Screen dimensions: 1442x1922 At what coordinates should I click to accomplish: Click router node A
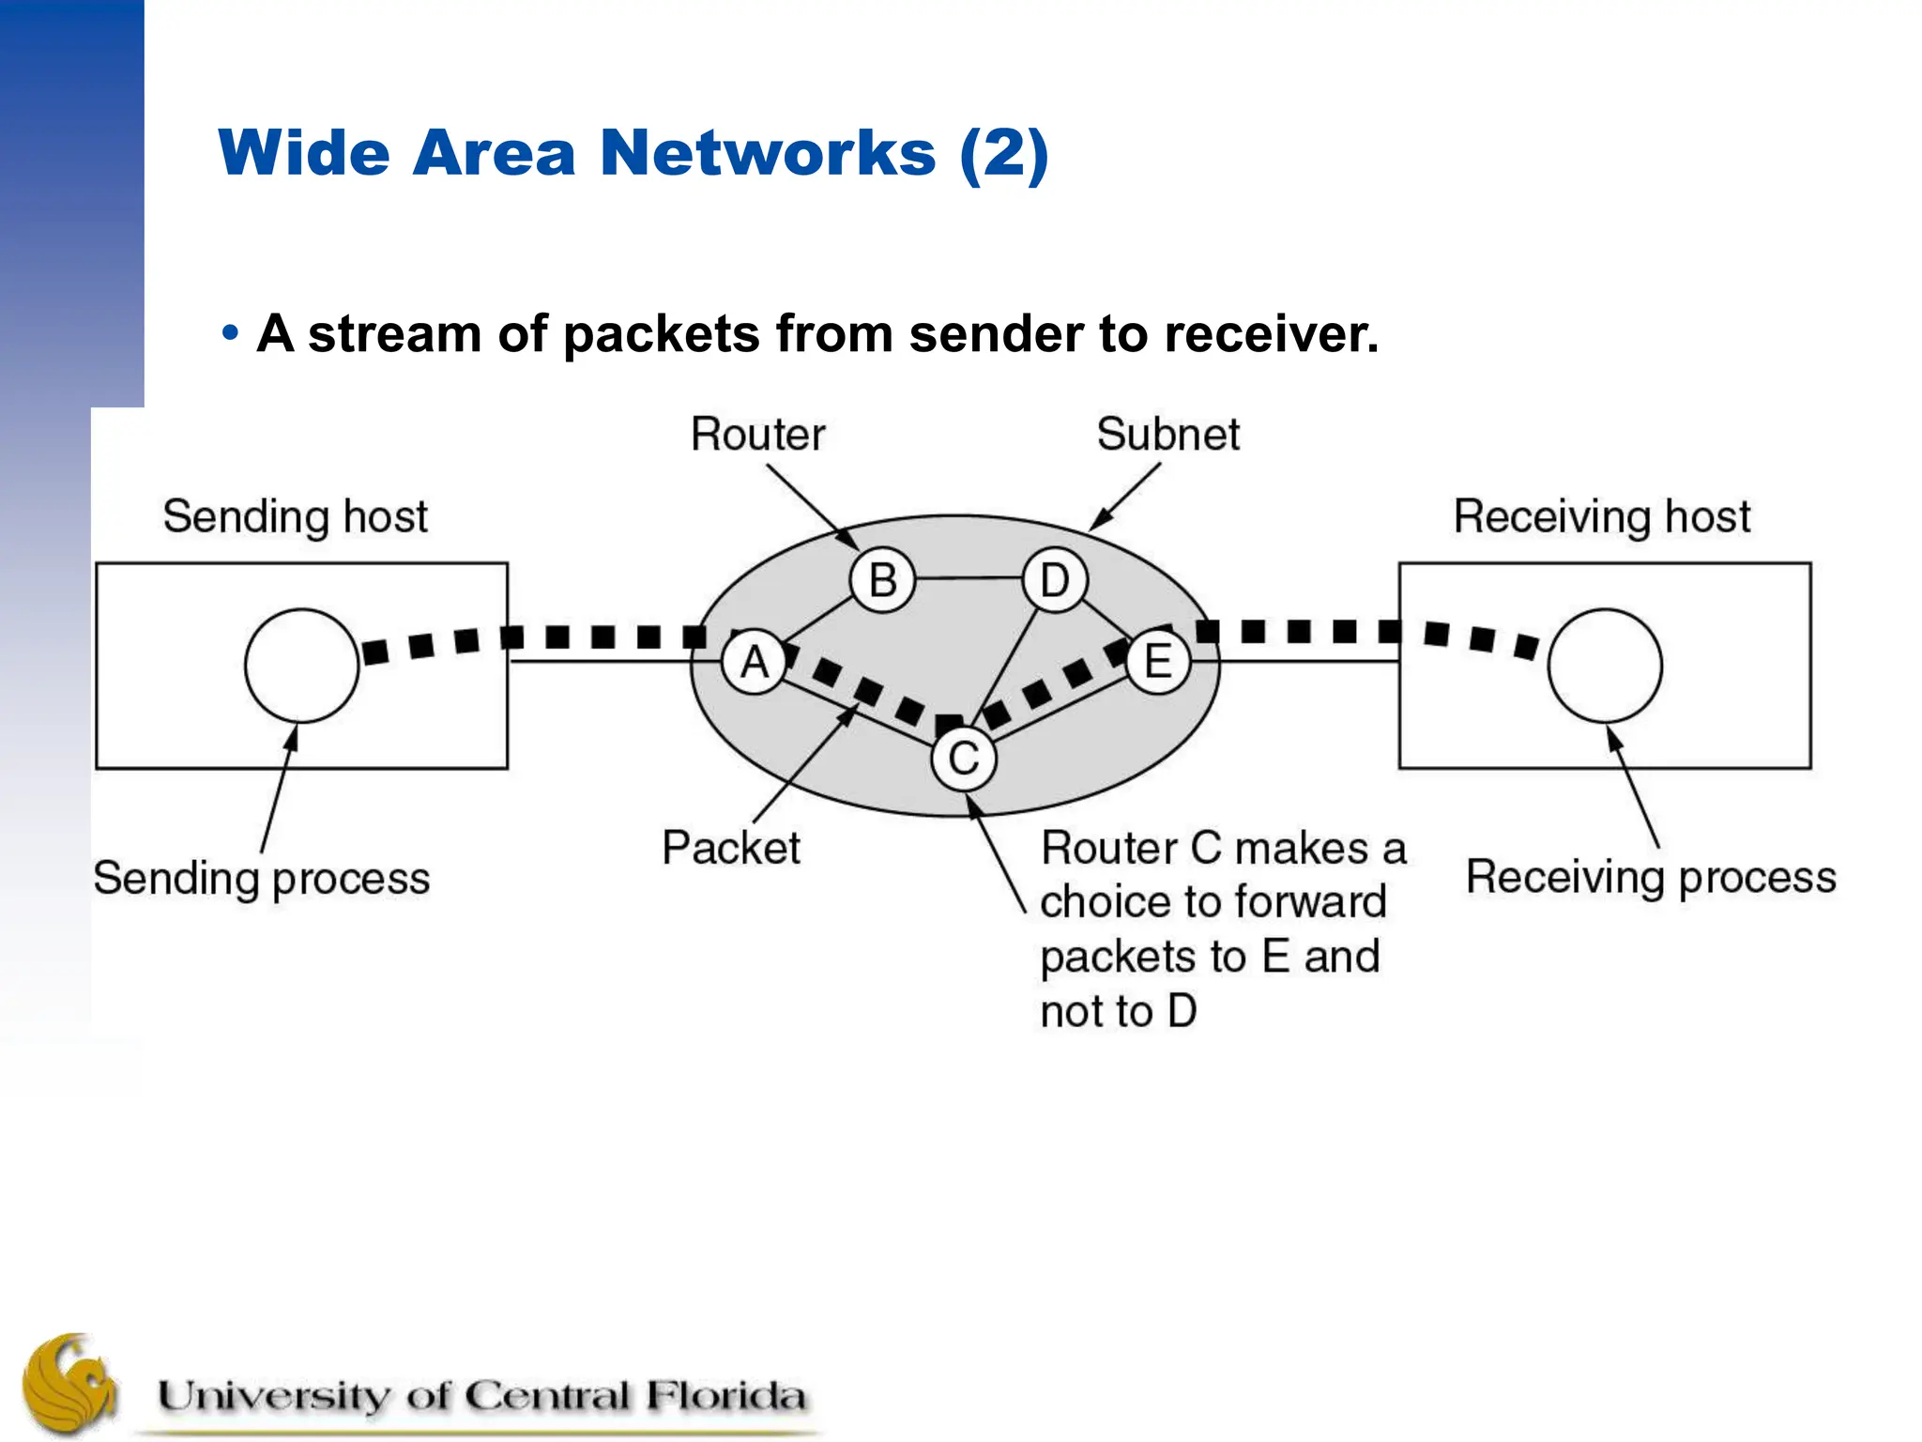click(755, 663)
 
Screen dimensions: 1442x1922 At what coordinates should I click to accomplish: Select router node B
click(882, 580)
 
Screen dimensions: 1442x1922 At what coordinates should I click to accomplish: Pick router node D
click(1055, 580)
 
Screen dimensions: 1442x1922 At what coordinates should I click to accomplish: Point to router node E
click(1158, 663)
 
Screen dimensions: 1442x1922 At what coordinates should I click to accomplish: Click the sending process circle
click(301, 666)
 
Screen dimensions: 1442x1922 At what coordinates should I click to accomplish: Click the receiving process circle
click(1605, 666)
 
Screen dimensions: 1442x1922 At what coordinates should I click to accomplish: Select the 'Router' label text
click(757, 435)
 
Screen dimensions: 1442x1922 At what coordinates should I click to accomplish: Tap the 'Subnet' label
click(1167, 435)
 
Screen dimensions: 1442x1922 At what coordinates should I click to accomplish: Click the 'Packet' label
click(731, 848)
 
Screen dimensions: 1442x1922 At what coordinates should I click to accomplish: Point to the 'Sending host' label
click(295, 516)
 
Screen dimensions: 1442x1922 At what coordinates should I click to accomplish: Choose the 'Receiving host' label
click(1602, 516)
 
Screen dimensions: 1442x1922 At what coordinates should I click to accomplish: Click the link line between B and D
click(969, 578)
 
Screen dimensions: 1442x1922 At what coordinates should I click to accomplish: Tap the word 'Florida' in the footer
click(725, 1396)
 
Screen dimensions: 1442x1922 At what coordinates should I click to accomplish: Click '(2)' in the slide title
click(1003, 152)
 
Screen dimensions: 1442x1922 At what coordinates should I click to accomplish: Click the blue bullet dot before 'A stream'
click(230, 333)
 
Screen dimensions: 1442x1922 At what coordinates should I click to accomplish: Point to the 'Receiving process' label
click(1651, 877)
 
